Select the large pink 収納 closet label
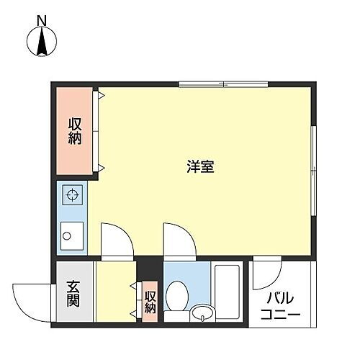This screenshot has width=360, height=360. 75,131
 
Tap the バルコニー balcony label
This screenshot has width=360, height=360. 281,307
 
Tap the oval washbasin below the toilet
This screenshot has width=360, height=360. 202,313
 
